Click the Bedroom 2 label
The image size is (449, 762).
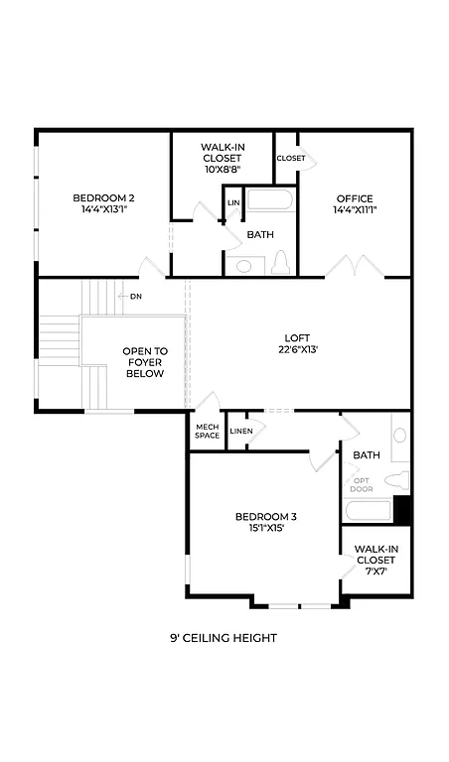click(x=103, y=197)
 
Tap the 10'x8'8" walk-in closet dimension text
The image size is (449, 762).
click(x=223, y=169)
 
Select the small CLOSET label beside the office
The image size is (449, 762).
click(x=291, y=158)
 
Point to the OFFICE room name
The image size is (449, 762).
click(x=355, y=197)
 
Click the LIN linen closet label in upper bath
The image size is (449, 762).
click(x=233, y=203)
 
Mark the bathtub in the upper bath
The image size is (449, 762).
click(x=269, y=200)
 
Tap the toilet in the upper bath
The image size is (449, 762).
click(x=280, y=263)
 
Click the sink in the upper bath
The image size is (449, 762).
click(x=244, y=265)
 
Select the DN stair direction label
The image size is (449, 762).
click(x=136, y=296)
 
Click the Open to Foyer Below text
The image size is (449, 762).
click(x=145, y=363)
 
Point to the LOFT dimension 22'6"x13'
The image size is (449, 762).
click(x=298, y=349)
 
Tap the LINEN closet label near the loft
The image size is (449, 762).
click(x=241, y=431)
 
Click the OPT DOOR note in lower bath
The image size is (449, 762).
click(x=362, y=485)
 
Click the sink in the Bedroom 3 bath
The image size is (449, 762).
click(x=400, y=436)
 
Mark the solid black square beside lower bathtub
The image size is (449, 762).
click(x=402, y=509)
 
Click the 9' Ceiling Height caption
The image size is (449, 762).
click(x=224, y=638)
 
